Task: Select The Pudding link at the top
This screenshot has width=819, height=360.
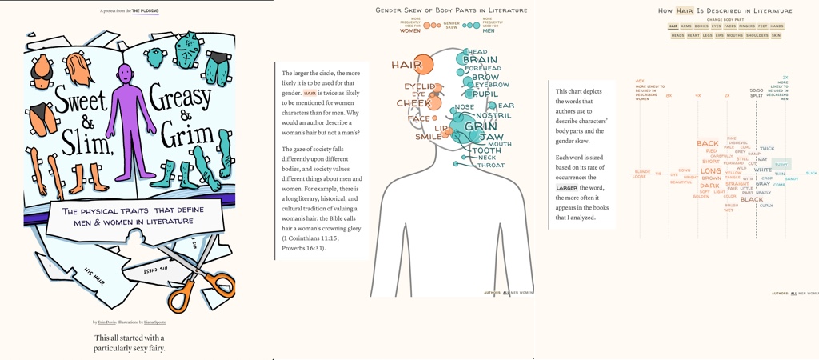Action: [x=145, y=11]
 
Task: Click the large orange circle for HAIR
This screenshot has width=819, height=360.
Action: [x=421, y=65]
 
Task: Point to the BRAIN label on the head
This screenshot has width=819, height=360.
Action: [x=480, y=59]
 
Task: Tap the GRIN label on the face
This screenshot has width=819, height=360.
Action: [x=480, y=126]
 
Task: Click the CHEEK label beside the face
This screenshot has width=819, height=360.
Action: [x=413, y=103]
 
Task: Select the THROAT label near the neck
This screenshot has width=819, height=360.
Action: [x=491, y=166]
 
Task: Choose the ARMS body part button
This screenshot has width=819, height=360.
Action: [x=686, y=26]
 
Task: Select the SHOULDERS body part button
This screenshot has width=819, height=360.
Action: [x=757, y=36]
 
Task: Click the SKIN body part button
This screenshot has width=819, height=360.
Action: [x=776, y=36]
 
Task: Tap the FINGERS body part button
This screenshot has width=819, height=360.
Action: [x=747, y=26]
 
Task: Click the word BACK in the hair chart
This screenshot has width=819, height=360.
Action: [x=708, y=144]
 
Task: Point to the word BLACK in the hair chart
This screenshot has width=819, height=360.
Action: [x=752, y=200]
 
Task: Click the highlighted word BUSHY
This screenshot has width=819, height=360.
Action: [x=781, y=164]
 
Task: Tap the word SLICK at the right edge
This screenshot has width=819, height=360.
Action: [x=811, y=173]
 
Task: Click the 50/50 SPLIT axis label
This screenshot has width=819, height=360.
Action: [x=756, y=92]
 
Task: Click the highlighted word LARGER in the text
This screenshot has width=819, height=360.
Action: [x=567, y=188]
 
